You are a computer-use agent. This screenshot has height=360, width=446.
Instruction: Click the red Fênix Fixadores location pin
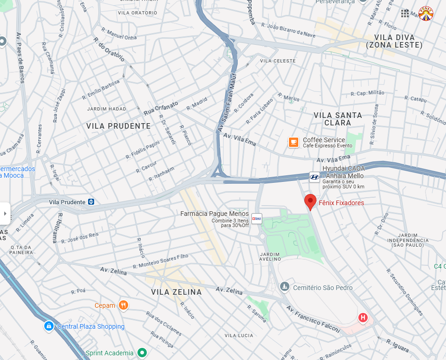coord(310,202)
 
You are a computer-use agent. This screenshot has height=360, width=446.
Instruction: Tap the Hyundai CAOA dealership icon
coord(315,177)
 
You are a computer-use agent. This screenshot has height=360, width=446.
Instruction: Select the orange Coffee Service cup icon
coord(293,142)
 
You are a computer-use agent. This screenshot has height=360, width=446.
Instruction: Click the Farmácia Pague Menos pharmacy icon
coord(256,218)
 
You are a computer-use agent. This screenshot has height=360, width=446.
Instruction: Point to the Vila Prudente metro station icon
coord(91,202)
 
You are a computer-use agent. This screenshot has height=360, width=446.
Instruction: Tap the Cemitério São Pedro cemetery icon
coord(284,286)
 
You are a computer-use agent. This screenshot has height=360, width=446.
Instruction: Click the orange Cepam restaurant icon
coord(123,305)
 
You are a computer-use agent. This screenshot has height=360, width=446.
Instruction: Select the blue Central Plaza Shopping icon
coord(48,326)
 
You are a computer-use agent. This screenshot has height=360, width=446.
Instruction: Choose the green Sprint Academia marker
coord(143,353)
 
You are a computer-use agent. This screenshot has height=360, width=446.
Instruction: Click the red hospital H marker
coord(363,318)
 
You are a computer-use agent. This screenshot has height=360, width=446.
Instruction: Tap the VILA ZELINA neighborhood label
coord(176,292)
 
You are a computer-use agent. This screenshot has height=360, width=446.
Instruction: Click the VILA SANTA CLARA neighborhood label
coord(338,119)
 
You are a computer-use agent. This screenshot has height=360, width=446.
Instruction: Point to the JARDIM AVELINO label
coord(270,256)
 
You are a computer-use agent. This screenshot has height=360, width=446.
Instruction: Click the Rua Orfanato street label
coord(161,109)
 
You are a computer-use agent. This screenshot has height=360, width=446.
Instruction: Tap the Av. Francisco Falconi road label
coord(313,319)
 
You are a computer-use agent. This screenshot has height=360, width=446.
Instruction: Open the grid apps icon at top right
coord(405,14)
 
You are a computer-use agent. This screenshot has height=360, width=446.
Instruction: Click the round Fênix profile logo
coord(425,14)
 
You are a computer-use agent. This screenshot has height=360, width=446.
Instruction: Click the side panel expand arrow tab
coord(5,214)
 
